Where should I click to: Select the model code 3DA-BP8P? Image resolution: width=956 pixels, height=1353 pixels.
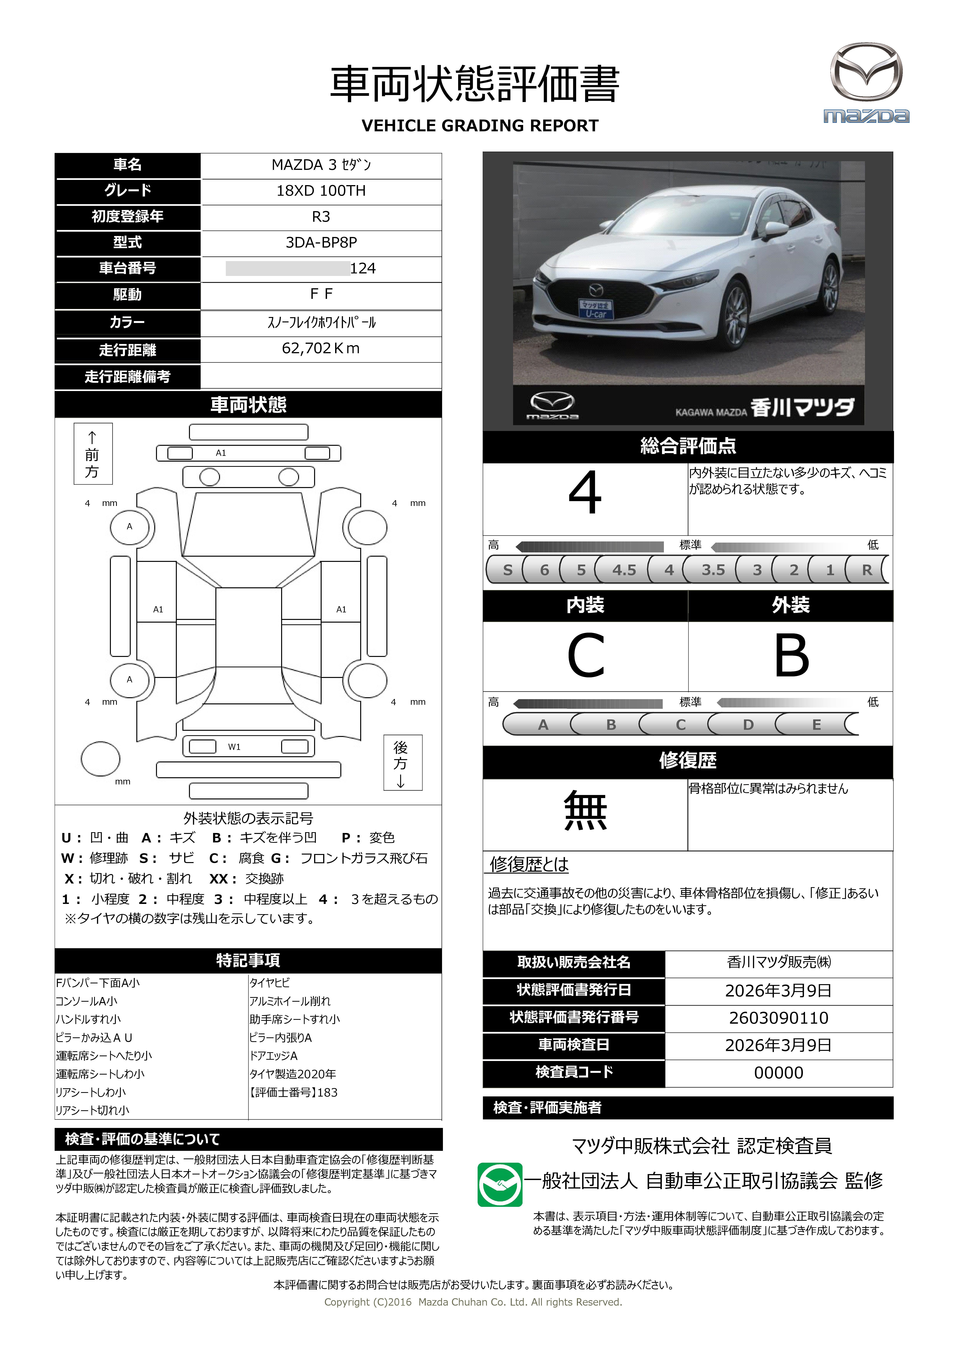pos(321,242)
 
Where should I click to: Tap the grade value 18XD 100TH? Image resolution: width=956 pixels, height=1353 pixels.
pos(321,191)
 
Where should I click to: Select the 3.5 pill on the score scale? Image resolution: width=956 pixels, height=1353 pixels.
pos(713,570)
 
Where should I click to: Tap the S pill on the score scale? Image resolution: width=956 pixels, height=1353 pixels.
pos(508,570)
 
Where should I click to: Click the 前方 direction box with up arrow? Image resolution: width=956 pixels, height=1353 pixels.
pos(93,454)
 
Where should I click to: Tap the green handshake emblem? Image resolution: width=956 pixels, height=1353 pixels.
pos(499,1184)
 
